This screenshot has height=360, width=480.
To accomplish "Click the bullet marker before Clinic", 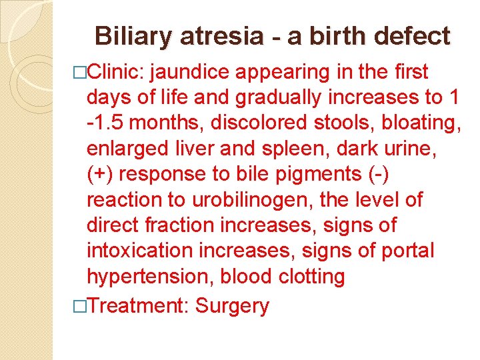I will coord(82,72).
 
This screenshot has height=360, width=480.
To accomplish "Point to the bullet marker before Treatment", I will coord(82,306).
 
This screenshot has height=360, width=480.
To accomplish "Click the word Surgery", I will coord(232,306).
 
